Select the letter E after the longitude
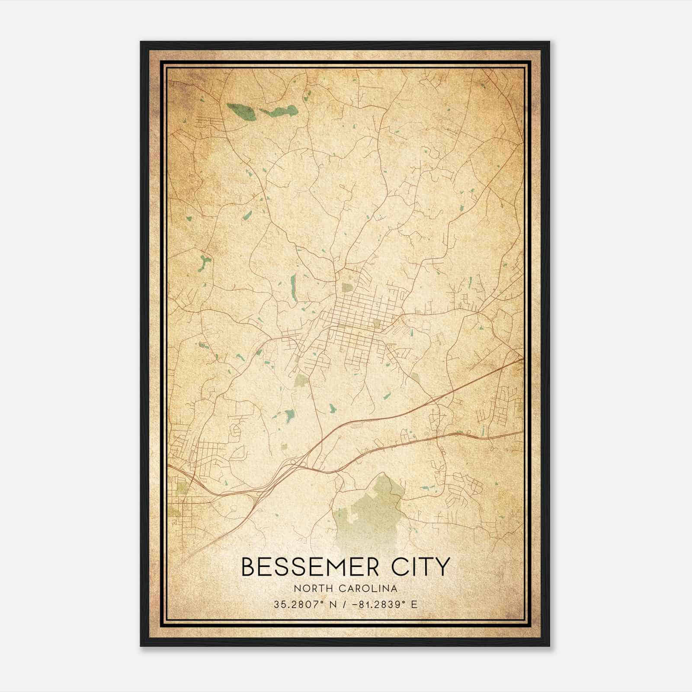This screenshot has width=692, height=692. [x=414, y=604]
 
